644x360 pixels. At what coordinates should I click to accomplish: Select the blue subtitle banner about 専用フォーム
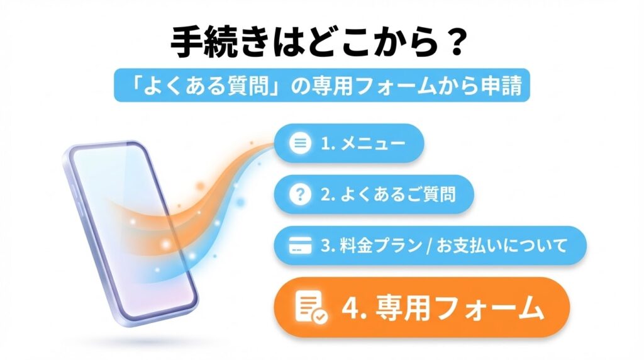tap(321, 85)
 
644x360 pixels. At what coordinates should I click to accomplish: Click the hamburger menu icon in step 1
tap(300, 143)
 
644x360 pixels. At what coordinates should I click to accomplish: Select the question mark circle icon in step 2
tap(300, 194)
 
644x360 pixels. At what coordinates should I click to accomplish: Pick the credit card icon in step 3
tap(300, 245)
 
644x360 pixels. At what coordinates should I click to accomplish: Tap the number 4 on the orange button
tap(350, 308)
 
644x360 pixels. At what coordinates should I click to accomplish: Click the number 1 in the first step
tap(325, 143)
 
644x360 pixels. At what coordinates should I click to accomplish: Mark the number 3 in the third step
tap(325, 245)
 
